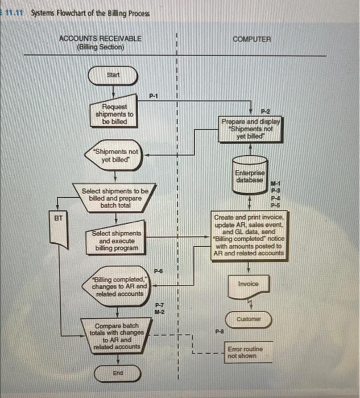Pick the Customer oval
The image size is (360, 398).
click(249, 320)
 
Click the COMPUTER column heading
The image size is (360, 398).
click(252, 39)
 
